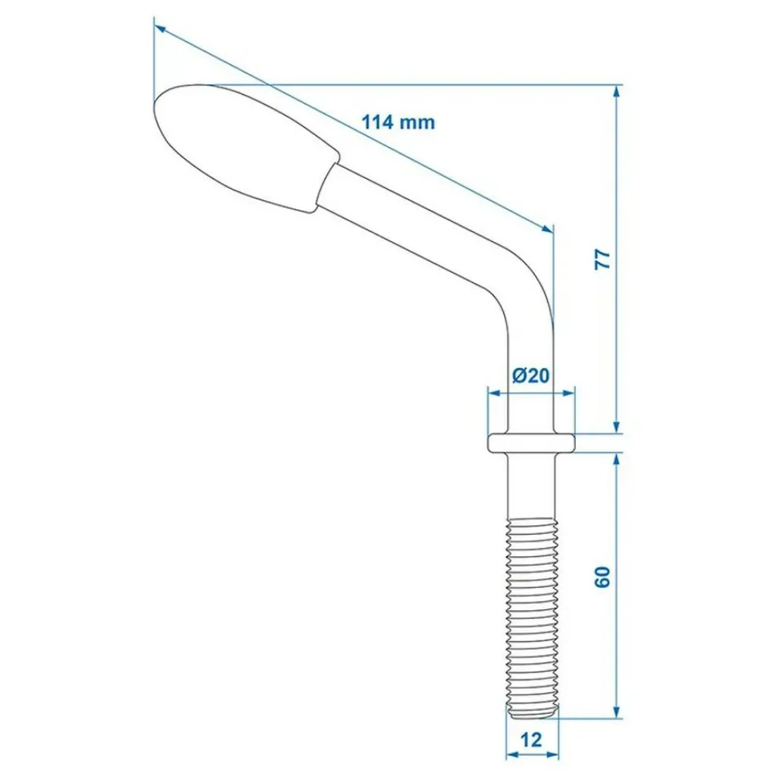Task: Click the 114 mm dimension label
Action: pos(398,121)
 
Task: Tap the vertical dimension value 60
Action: pos(602,577)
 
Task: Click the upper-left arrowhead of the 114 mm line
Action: pos(159,29)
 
